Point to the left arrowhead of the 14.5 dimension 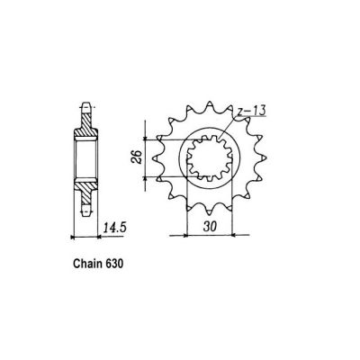75,236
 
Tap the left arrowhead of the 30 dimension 188,236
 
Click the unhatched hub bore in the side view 85,159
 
